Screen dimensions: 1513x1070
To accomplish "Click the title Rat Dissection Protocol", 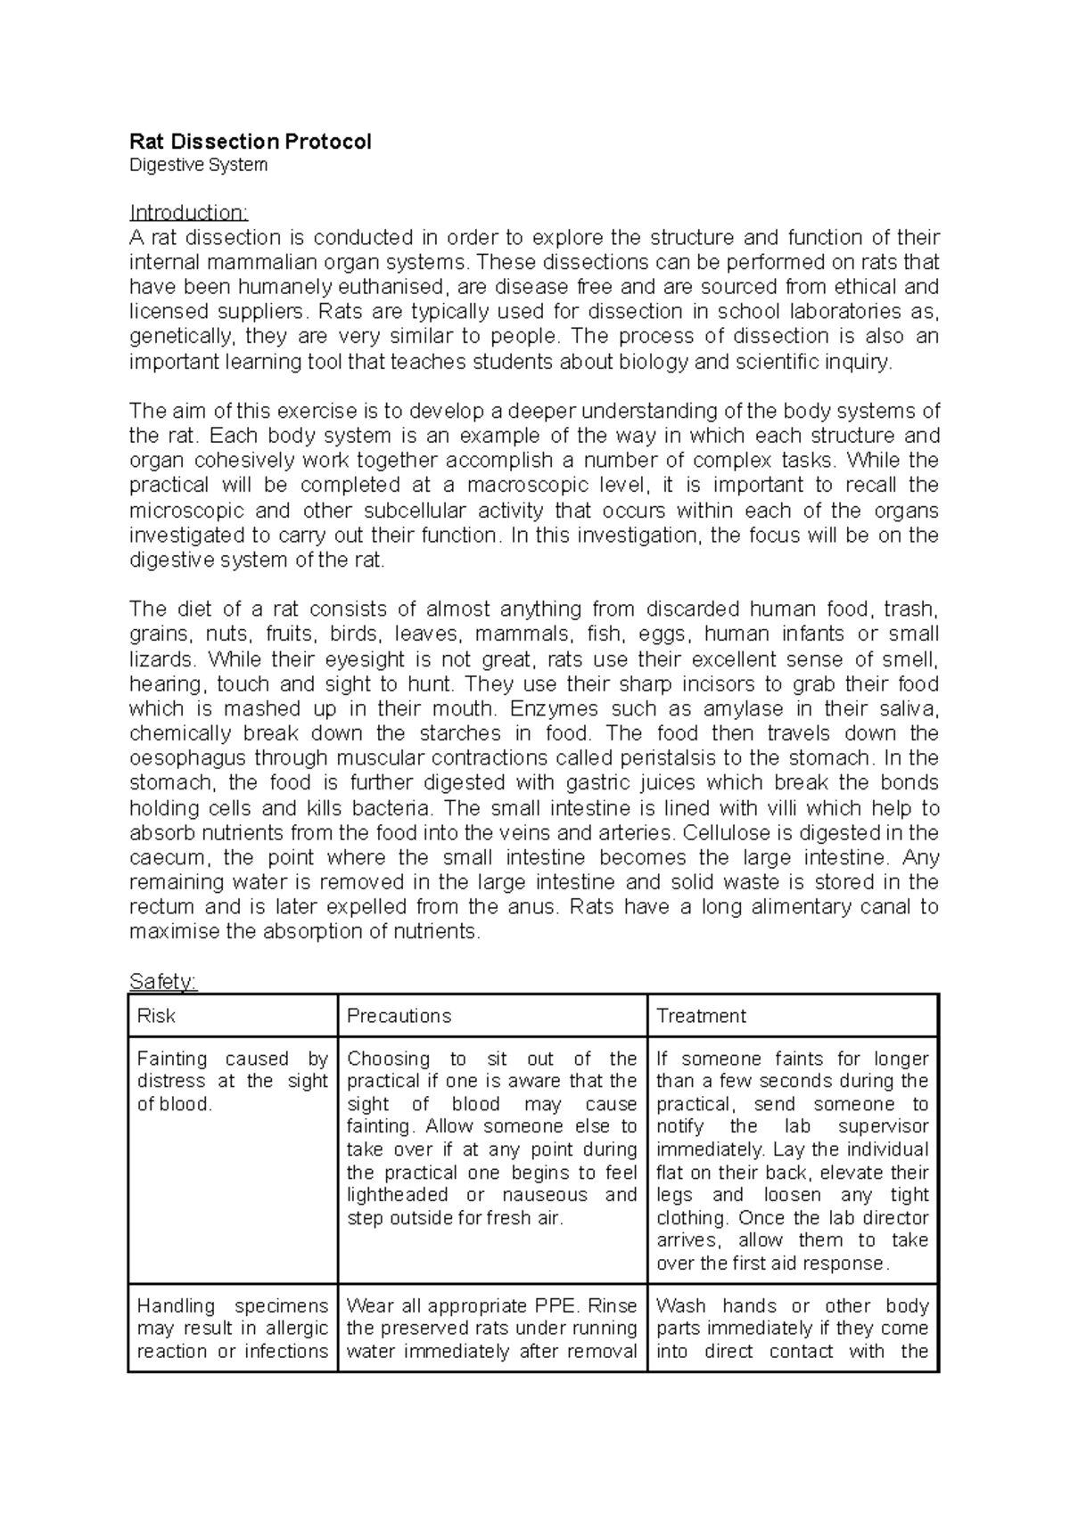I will pos(251,142).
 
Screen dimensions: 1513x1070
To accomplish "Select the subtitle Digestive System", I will pos(198,165).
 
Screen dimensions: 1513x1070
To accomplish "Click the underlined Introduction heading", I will pos(188,213).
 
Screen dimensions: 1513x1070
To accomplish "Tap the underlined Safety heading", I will pos(162,982).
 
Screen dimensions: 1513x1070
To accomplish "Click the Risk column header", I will pos(156,1016).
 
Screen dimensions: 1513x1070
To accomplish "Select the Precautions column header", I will pos(399,1016).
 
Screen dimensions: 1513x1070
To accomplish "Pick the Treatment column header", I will pos(701,1016).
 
